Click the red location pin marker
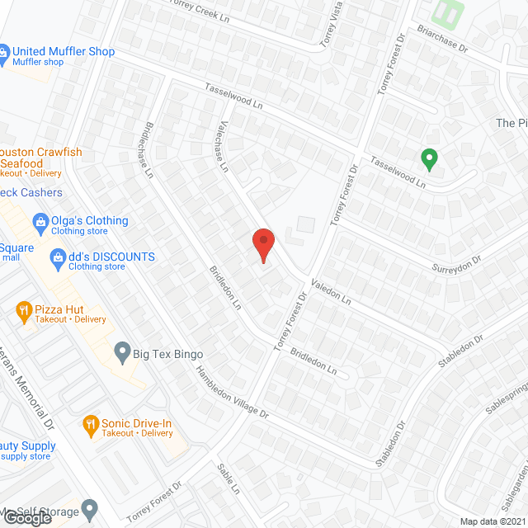tap(262, 244)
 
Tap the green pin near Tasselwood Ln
tap(428, 157)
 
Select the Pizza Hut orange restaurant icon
tap(24, 310)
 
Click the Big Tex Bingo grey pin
tap(122, 352)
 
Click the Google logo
tap(28, 518)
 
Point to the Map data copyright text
tap(492, 521)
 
